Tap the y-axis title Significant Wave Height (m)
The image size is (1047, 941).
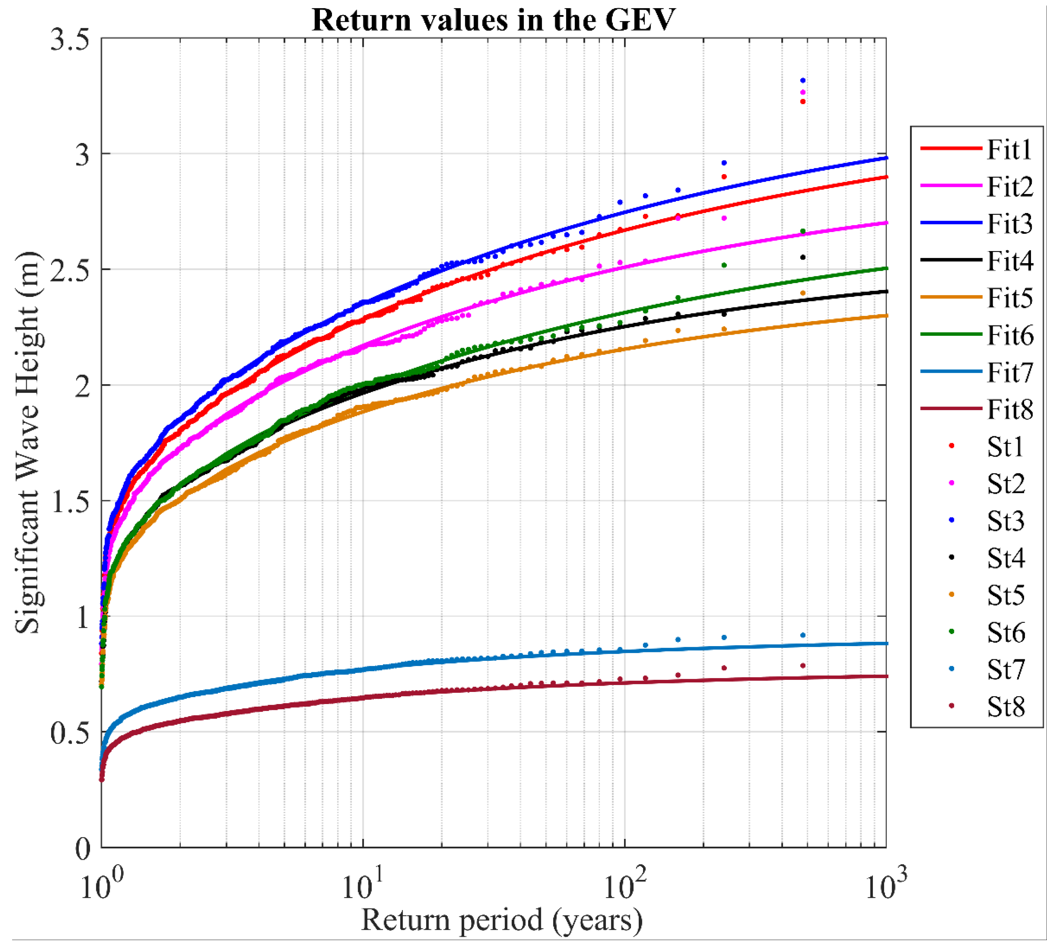tap(27, 442)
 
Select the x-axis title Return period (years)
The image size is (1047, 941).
tap(502, 920)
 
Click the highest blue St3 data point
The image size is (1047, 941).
tap(802, 81)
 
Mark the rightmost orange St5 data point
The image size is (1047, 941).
tap(802, 293)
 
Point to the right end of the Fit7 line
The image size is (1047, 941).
tap(886, 643)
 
